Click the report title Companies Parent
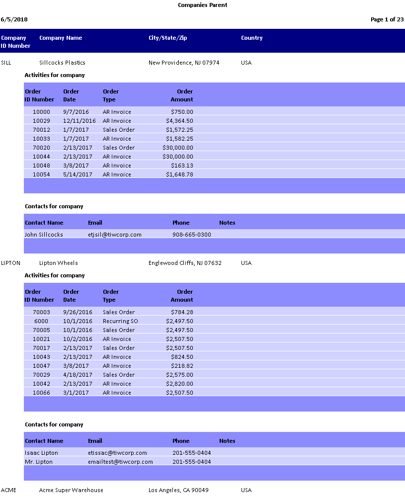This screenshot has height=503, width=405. (203, 5)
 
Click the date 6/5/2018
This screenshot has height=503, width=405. (14, 19)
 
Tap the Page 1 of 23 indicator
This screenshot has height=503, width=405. (387, 19)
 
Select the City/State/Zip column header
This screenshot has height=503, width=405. (167, 38)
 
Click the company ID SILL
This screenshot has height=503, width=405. (6, 63)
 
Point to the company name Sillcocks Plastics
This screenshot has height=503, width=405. (62, 63)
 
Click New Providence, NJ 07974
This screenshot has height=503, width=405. (184, 63)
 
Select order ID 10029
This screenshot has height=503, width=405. (41, 121)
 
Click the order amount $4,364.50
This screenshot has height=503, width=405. (179, 121)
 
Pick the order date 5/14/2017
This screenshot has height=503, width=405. (78, 174)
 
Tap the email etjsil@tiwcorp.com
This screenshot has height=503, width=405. (114, 235)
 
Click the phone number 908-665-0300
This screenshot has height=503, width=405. (191, 235)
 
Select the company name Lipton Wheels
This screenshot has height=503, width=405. (58, 263)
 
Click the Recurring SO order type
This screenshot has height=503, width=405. (120, 321)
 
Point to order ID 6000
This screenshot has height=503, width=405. (41, 321)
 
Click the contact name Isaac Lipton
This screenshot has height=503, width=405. (41, 453)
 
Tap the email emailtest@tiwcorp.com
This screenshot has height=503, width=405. (120, 462)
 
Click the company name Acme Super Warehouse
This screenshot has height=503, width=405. (71, 490)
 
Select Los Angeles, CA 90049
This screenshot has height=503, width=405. (178, 490)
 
